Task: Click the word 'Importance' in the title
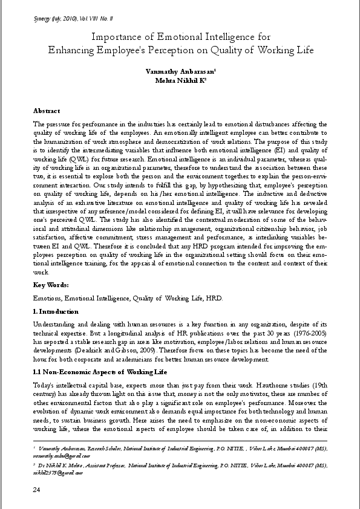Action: click(116, 37)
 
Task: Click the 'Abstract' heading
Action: click(47, 111)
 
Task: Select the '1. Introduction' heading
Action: click(56, 312)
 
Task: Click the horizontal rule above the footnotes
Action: click(180, 441)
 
